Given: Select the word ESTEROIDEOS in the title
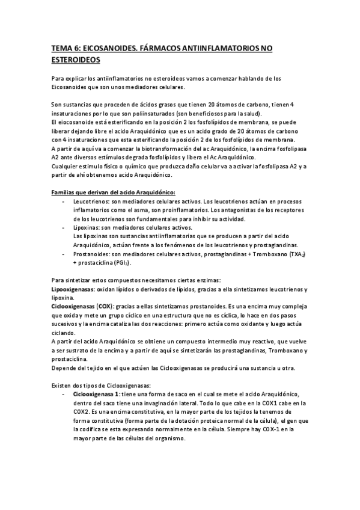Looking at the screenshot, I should click(75, 60).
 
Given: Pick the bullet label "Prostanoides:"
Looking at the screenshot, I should click(91, 255).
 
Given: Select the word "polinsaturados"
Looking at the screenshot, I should click(156, 114).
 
